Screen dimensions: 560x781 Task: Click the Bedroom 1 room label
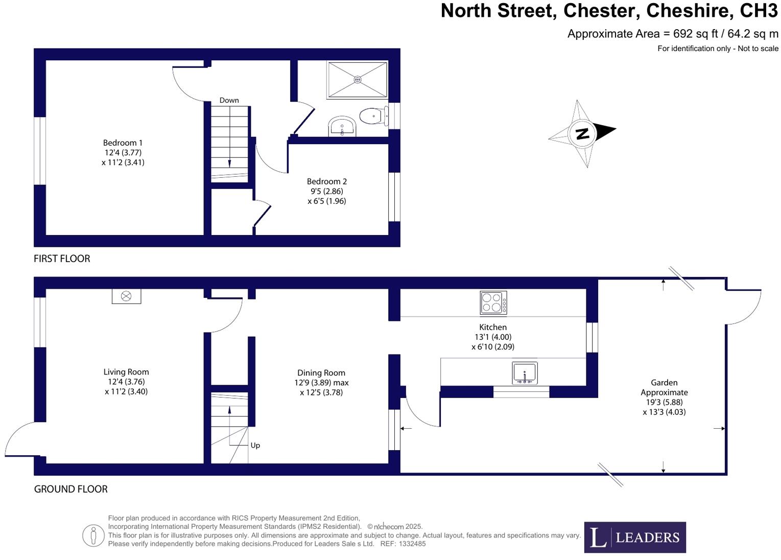tap(123, 143)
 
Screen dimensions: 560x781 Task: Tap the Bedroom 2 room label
tap(327, 181)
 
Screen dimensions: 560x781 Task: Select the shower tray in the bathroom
tap(357, 79)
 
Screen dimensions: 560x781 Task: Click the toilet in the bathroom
tap(372, 116)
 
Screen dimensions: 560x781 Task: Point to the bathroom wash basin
tap(342, 126)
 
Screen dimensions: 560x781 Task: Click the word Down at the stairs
tap(229, 100)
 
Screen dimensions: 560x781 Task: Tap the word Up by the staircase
tap(255, 446)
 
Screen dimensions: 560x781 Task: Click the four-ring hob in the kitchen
tap(493, 302)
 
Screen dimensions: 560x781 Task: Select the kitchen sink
tap(525, 372)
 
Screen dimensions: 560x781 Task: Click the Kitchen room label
tap(493, 327)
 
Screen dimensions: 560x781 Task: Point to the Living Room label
tap(126, 372)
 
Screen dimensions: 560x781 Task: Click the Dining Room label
tap(321, 373)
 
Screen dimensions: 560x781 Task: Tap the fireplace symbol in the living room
tap(126, 296)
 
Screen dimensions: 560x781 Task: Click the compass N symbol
tap(582, 133)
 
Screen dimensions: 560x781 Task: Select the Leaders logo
tap(634, 537)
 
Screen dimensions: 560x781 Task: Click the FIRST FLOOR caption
tap(62, 259)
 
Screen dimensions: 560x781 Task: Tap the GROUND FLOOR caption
tap(70, 489)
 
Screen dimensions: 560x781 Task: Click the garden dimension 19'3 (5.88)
tap(664, 402)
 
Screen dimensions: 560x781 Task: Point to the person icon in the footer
tap(93, 535)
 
